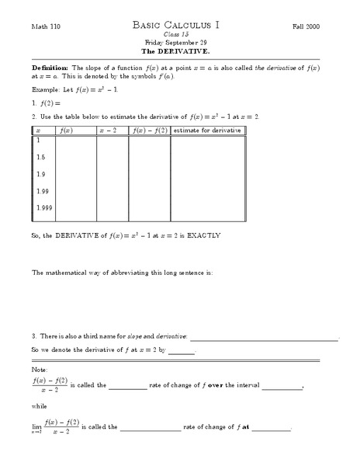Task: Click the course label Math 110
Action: pos(45,26)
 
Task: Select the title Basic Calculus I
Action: pos(179,25)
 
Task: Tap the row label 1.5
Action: pos(40,158)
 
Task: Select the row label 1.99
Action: pos(42,191)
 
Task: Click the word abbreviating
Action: pos(126,273)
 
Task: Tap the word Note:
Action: pos(40,369)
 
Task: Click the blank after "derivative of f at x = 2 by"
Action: pos(181,351)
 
